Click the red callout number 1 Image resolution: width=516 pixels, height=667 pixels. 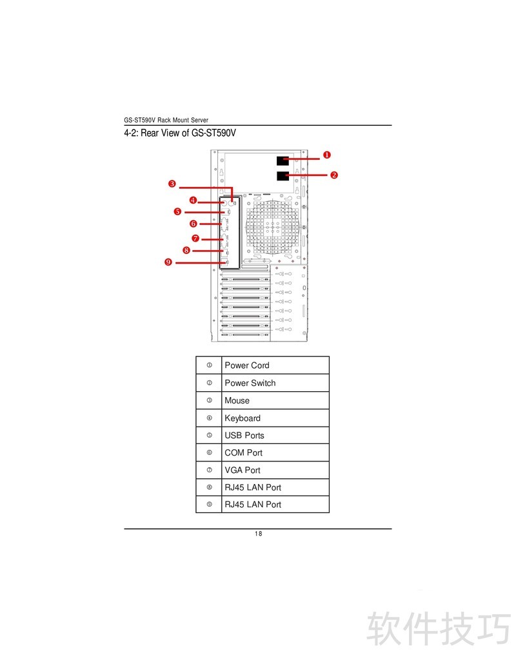pos(327,155)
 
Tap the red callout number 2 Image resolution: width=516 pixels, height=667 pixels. pos(334,175)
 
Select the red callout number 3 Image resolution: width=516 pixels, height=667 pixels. pos(172,184)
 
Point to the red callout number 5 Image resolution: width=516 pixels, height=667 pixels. pos(177,211)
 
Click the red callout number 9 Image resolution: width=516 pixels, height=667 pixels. pos(168,262)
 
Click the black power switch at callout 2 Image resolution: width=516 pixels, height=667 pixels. pos(283,175)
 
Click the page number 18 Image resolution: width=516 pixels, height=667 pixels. pos(258,534)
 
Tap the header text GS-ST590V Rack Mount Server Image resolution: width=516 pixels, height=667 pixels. pos(166,121)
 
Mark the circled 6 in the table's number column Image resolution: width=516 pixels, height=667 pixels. pos(209,453)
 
